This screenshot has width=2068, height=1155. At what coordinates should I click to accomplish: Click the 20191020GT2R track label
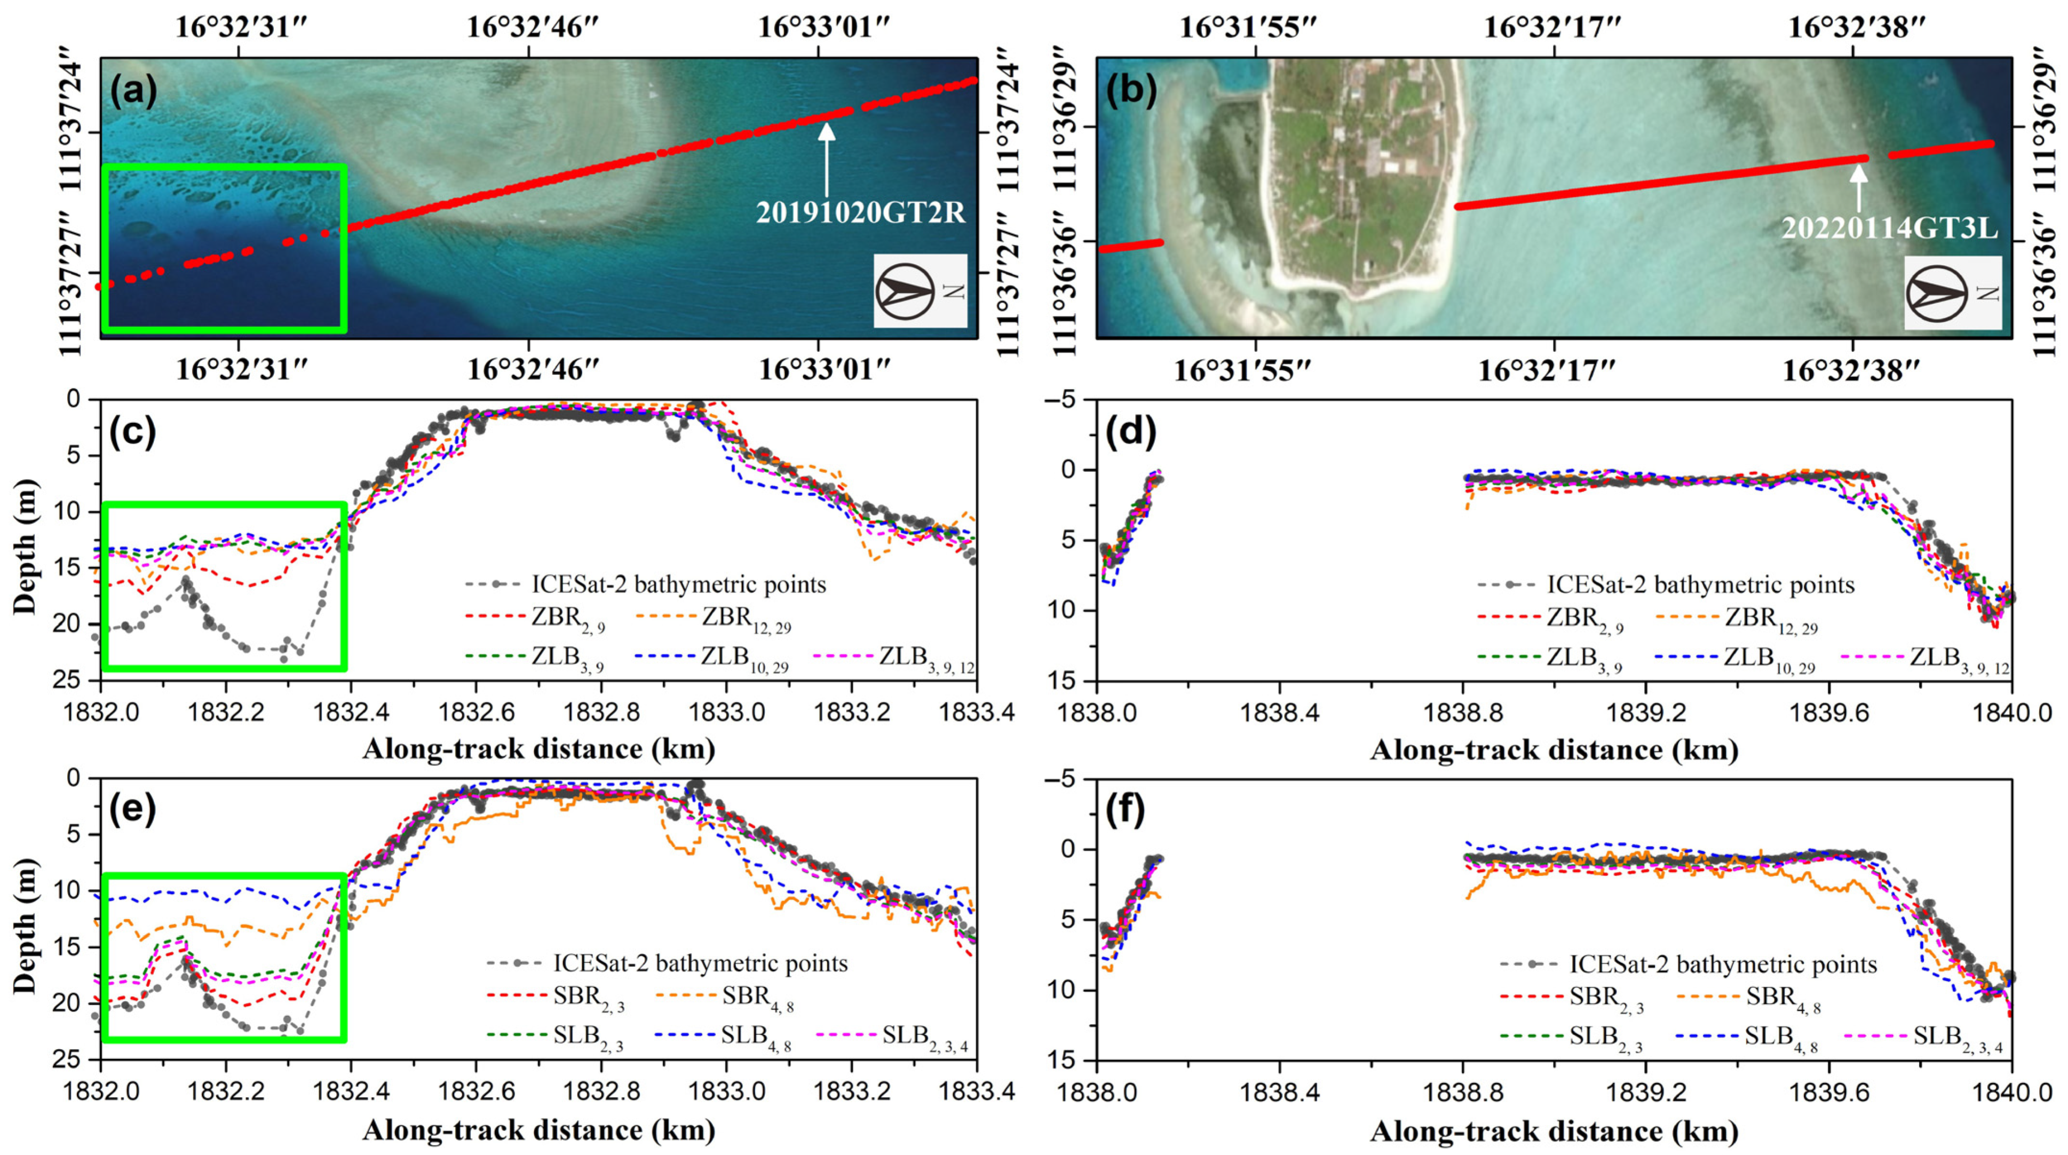[860, 213]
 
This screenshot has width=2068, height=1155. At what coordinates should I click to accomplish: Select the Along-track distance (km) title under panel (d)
[1554, 750]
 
